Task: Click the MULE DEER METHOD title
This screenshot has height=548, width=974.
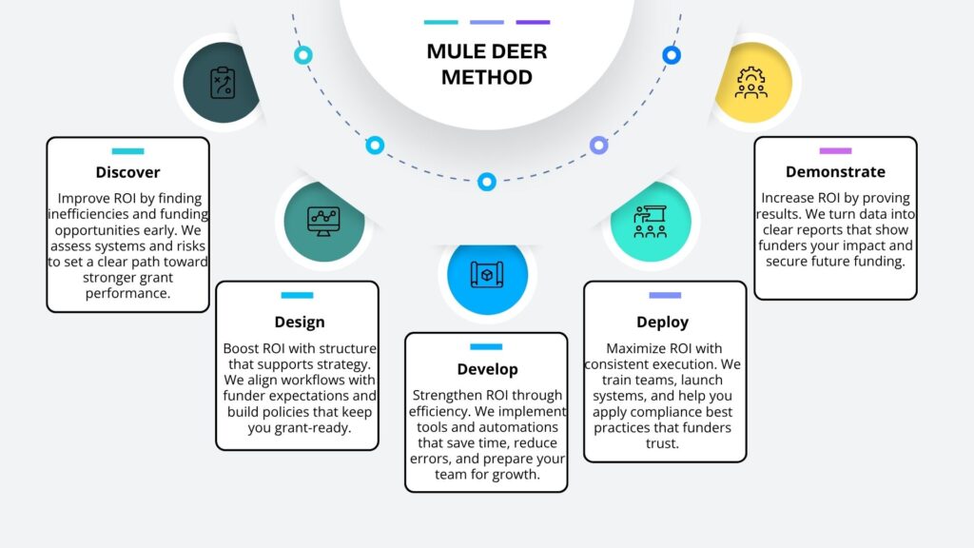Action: tap(486, 64)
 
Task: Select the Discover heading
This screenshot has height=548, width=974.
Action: tap(127, 172)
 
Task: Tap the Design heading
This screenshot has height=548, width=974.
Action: tap(300, 322)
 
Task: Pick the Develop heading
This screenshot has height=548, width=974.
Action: tap(486, 368)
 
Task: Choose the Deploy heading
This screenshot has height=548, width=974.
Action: tap(663, 322)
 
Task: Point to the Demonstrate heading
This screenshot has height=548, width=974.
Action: tap(835, 172)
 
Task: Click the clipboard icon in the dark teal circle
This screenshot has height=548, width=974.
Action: tap(222, 83)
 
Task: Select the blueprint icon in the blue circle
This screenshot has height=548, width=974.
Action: tap(486, 275)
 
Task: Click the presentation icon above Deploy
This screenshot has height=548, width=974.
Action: tap(650, 221)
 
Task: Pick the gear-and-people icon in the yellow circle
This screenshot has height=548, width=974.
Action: tap(752, 83)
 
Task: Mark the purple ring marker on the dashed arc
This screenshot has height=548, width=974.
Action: tap(598, 146)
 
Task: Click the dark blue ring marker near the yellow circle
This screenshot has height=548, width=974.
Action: tap(672, 55)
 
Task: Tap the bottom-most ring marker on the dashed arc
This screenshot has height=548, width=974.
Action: tap(487, 181)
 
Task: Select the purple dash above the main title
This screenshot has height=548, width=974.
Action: tap(532, 22)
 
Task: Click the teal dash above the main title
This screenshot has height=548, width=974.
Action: tap(440, 22)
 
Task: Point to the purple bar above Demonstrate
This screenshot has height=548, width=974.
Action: tap(835, 150)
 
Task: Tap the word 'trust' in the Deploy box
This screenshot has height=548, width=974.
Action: tap(663, 442)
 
